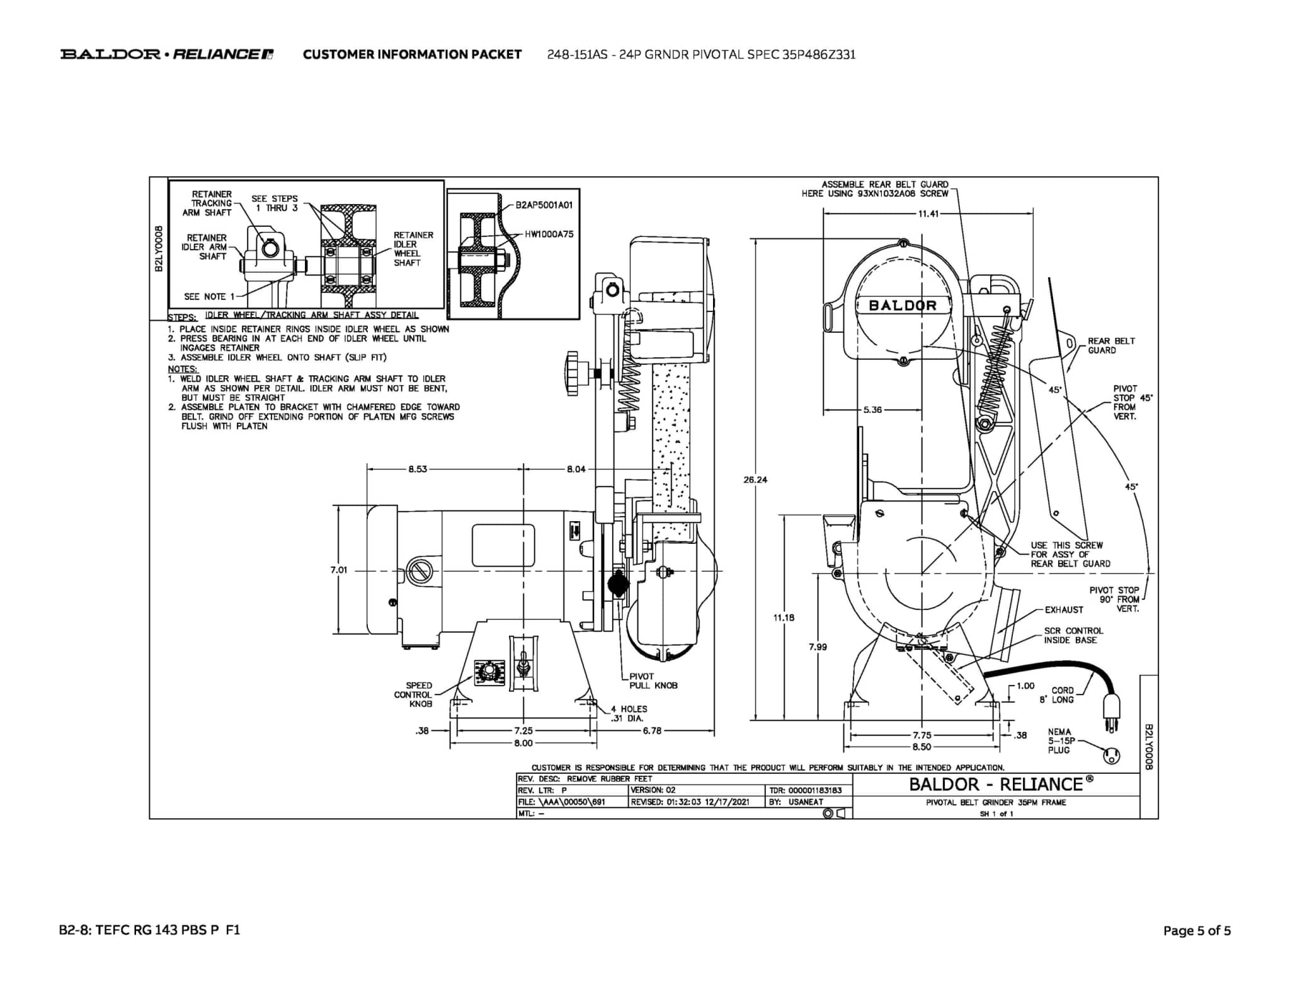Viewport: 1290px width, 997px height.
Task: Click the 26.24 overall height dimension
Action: (755, 480)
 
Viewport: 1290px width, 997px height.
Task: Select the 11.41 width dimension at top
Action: (928, 214)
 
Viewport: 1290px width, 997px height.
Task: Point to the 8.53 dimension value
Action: (418, 469)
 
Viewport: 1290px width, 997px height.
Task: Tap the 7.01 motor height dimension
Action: (339, 570)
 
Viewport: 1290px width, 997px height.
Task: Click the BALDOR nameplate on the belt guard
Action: (903, 305)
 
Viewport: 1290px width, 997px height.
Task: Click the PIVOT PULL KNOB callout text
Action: (653, 681)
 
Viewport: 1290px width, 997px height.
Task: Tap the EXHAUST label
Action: (1064, 609)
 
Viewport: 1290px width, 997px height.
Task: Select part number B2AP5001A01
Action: (544, 205)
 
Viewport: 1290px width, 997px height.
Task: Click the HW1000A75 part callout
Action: (549, 234)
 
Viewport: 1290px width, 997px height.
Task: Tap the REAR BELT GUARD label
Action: (1111, 345)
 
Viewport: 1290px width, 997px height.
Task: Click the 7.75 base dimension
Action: (922, 735)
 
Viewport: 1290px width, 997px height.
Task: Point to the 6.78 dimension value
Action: (652, 730)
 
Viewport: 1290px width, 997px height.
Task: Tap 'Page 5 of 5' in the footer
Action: (1197, 930)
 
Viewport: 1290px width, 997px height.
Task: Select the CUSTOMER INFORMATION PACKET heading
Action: (412, 54)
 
